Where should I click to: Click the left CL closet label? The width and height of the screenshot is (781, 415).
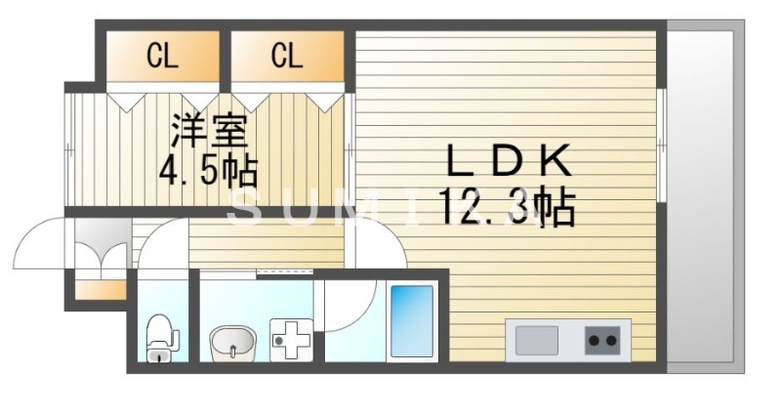click(x=162, y=57)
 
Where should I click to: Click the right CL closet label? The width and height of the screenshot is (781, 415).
click(x=286, y=57)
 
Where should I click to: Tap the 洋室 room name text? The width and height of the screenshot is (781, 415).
click(x=207, y=131)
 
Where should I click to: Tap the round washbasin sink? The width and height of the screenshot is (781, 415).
click(x=230, y=343)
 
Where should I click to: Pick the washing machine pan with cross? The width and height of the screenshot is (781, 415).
click(x=290, y=342)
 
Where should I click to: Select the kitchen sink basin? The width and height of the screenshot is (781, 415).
click(x=536, y=341)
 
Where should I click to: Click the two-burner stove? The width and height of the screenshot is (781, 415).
click(x=603, y=341)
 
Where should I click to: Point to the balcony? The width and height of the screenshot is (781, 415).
click(x=700, y=195)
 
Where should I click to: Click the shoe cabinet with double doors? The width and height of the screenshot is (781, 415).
click(x=102, y=244)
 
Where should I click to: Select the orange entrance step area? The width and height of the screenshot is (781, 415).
click(x=102, y=289)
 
